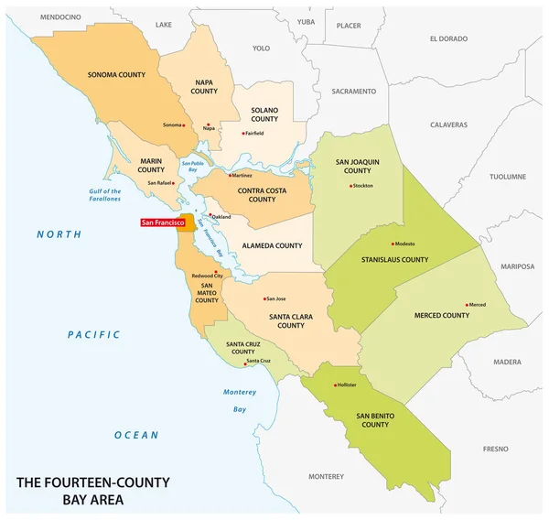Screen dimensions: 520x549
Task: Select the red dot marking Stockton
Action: pyautogui.click(x=350, y=186)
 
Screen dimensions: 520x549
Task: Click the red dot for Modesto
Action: pyautogui.click(x=393, y=244)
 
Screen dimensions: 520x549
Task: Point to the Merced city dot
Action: pyautogui.click(x=468, y=305)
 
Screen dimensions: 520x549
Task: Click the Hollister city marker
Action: pyautogui.click(x=336, y=385)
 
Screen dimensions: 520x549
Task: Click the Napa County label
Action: pyautogui.click(x=204, y=86)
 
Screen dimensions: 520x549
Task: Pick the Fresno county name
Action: pyautogui.click(x=496, y=449)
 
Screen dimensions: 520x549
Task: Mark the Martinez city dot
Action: pyautogui.click(x=231, y=174)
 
